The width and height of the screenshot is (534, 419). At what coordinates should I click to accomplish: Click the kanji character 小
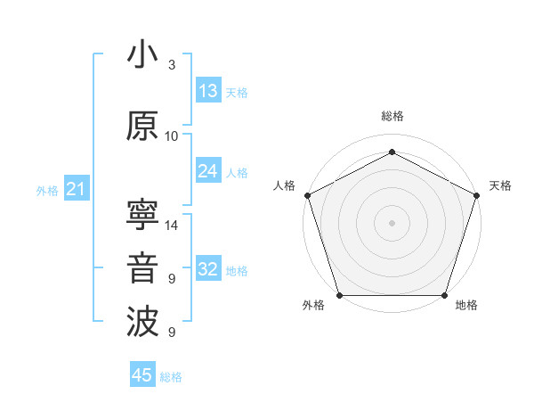tap(143, 55)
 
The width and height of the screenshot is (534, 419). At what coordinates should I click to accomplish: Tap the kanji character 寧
tap(143, 215)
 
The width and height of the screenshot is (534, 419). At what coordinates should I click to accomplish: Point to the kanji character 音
tap(143, 269)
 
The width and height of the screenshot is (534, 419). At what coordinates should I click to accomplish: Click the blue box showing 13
tap(208, 91)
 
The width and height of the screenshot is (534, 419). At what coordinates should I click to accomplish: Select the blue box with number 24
tap(208, 171)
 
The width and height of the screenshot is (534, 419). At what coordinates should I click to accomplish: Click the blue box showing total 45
tap(142, 375)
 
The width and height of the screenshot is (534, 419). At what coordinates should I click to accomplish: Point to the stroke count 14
tap(173, 226)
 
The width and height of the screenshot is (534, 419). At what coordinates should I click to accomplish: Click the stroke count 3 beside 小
tap(172, 65)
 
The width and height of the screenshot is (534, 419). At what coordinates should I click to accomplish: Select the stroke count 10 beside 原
tap(172, 136)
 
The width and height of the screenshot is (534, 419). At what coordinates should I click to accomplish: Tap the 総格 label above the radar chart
tap(392, 116)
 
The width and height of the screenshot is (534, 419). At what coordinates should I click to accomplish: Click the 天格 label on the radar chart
tap(500, 185)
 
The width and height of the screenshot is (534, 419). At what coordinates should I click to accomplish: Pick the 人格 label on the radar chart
tap(285, 185)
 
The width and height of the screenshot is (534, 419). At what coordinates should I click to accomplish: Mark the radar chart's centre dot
tap(392, 222)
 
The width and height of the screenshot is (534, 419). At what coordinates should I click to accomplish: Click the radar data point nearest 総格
tap(392, 152)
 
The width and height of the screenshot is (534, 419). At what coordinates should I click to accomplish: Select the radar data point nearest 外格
tap(340, 295)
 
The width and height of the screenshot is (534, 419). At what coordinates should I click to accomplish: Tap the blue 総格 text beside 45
tap(171, 377)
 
